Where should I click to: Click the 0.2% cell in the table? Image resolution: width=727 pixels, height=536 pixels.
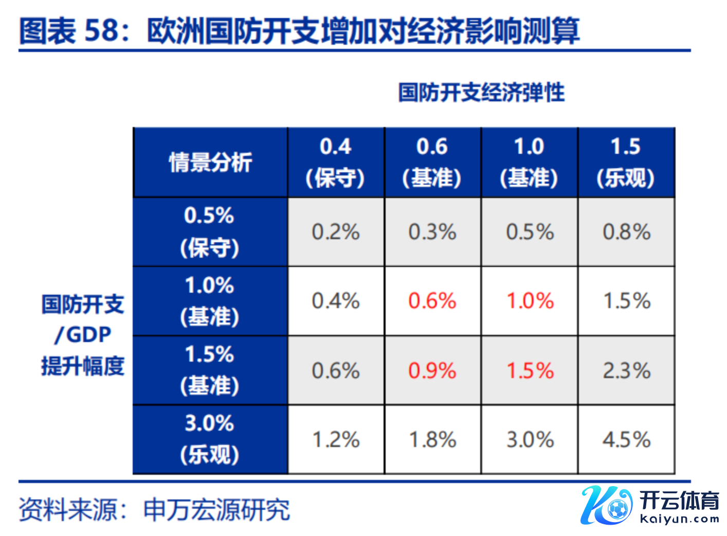pyautogui.click(x=336, y=232)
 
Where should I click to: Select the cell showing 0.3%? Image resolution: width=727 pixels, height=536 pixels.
pyautogui.click(x=432, y=232)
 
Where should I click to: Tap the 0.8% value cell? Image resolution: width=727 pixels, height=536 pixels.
pyautogui.click(x=627, y=232)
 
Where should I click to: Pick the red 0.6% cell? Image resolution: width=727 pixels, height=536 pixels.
pyautogui.click(x=432, y=301)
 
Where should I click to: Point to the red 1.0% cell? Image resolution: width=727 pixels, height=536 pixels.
pyautogui.click(x=530, y=301)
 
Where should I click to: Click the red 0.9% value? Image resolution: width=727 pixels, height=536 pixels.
pyautogui.click(x=432, y=370)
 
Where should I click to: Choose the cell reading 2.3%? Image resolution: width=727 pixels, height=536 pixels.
pyautogui.click(x=627, y=370)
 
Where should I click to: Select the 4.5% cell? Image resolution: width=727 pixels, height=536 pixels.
pyautogui.click(x=627, y=440)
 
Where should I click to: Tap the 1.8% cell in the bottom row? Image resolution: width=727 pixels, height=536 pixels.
pyautogui.click(x=432, y=440)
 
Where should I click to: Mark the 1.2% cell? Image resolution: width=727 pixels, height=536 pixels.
pyautogui.click(x=336, y=440)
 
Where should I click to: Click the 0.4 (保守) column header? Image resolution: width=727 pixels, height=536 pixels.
pyautogui.click(x=336, y=162)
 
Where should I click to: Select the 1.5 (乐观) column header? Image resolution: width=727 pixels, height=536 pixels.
pyautogui.click(x=626, y=162)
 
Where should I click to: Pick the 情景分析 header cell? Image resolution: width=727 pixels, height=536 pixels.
pyautogui.click(x=210, y=163)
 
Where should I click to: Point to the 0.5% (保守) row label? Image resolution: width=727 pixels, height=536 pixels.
pyautogui.click(x=210, y=231)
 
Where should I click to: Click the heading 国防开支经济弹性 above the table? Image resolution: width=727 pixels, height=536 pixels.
pyautogui.click(x=482, y=93)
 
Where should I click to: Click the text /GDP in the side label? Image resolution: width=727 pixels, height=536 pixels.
pyautogui.click(x=83, y=335)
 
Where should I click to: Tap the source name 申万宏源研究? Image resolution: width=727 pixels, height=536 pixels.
pyautogui.click(x=216, y=510)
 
